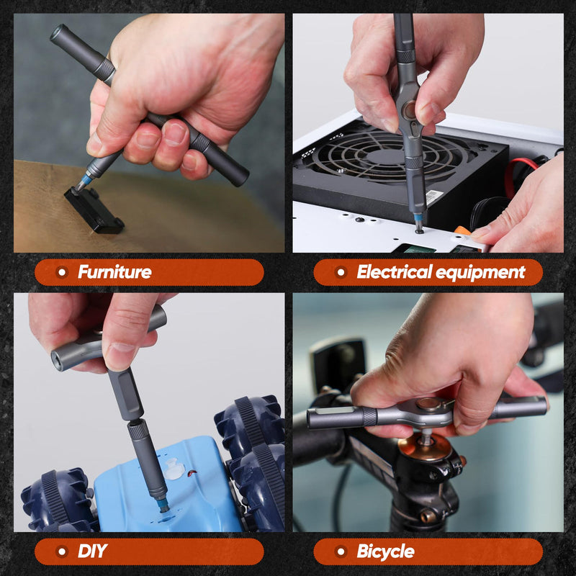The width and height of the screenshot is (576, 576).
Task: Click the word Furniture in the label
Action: tap(114, 272)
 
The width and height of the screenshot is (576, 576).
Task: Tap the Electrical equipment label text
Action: tap(441, 272)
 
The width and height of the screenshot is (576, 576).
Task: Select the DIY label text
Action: tap(92, 552)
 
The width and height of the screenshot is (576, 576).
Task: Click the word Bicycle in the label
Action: tap(385, 552)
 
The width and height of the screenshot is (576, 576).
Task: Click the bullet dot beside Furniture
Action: tap(62, 272)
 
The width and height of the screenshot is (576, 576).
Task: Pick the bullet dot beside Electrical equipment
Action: tap(341, 272)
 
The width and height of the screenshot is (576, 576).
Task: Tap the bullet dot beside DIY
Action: tap(62, 552)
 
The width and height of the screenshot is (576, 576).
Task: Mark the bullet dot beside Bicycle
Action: tap(341, 552)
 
